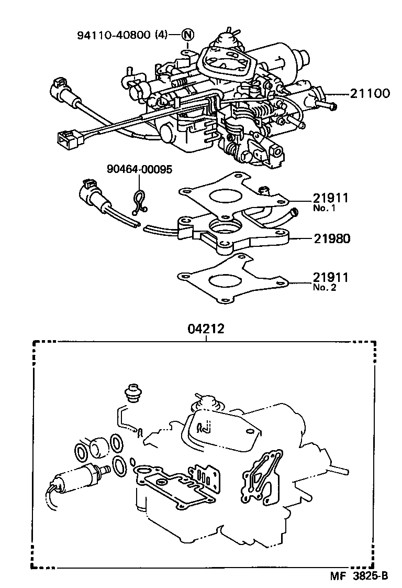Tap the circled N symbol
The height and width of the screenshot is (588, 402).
pos(188,36)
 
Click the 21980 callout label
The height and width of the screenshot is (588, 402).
pos(331,238)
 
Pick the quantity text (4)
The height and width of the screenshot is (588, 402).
pos(161,36)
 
